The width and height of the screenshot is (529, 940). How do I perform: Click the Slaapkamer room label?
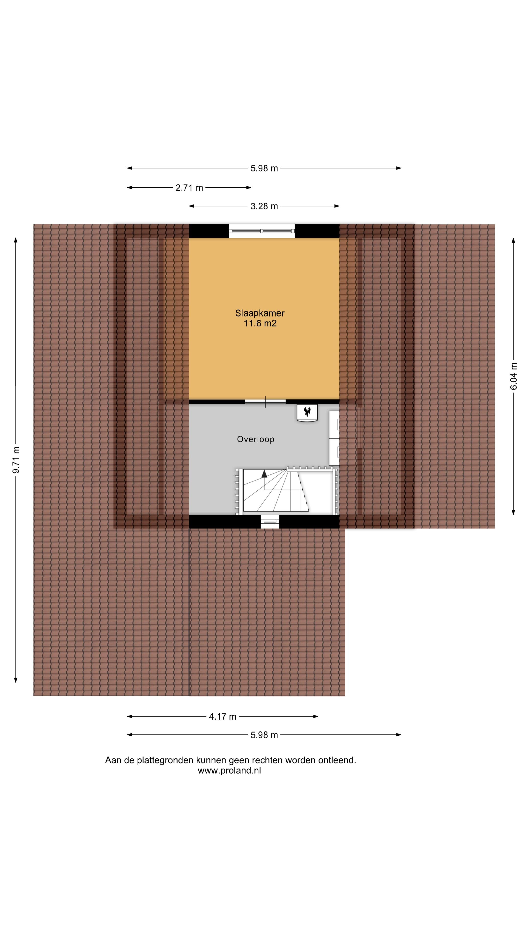(x=260, y=313)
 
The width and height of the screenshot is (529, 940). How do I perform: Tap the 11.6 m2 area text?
(x=260, y=323)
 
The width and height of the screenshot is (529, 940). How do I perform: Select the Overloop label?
(x=255, y=439)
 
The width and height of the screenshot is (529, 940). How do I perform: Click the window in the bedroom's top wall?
(x=262, y=231)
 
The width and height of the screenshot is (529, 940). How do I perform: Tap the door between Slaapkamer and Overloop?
(x=265, y=402)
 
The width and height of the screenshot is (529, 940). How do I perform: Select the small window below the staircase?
(x=270, y=521)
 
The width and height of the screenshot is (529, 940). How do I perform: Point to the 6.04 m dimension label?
(x=514, y=376)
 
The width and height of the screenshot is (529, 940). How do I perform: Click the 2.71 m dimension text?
(x=189, y=188)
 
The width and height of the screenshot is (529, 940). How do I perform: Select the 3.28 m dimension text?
(x=264, y=207)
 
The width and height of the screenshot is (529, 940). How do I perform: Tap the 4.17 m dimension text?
(x=222, y=717)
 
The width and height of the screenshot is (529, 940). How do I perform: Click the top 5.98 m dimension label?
(x=264, y=169)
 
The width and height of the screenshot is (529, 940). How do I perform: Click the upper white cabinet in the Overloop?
(x=334, y=424)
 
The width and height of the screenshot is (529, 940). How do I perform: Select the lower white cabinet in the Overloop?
(x=334, y=451)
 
